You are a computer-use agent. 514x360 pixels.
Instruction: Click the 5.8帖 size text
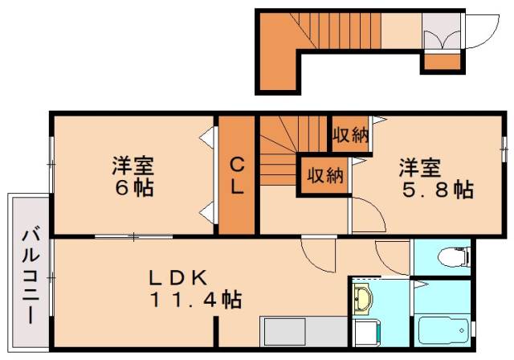pyautogui.click(x=437, y=190)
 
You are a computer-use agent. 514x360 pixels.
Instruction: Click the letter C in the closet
pyautogui.click(x=238, y=166)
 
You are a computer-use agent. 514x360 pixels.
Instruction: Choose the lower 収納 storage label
pyautogui.click(x=323, y=175)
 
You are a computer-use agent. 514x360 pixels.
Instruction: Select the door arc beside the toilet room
pyautogui.click(x=394, y=261)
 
